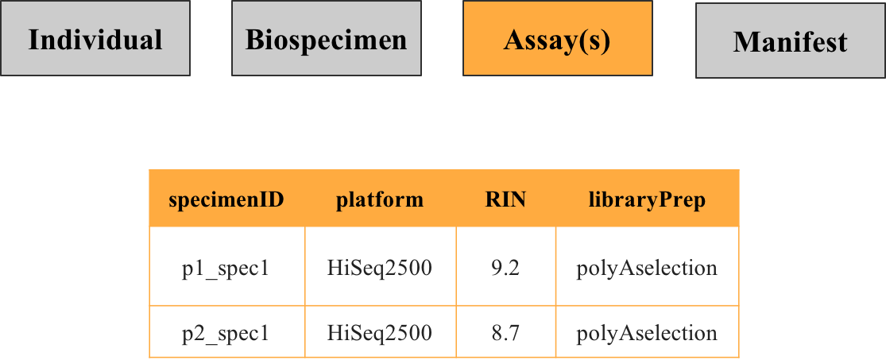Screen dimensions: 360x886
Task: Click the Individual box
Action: click(95, 40)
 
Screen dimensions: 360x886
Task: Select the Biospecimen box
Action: click(326, 40)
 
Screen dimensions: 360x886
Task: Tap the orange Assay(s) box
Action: click(558, 40)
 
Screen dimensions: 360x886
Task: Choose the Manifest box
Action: click(790, 41)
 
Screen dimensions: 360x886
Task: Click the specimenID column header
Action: click(226, 199)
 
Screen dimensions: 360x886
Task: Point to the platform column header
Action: click(380, 199)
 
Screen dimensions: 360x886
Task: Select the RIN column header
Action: click(505, 199)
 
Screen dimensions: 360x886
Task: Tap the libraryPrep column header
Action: click(646, 199)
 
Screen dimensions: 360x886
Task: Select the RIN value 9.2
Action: click(505, 268)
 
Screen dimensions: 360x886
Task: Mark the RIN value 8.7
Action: click(505, 333)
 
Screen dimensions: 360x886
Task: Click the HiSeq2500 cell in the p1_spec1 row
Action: click(380, 268)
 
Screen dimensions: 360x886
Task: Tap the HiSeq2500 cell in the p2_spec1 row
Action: click(380, 333)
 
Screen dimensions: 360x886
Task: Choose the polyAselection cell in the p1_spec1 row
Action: click(646, 268)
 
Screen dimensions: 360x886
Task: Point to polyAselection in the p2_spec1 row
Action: click(646, 333)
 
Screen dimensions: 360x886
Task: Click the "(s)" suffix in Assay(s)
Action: click(594, 41)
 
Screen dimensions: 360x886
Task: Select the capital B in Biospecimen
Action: click(253, 40)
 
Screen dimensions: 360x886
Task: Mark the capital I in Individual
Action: click(33, 40)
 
